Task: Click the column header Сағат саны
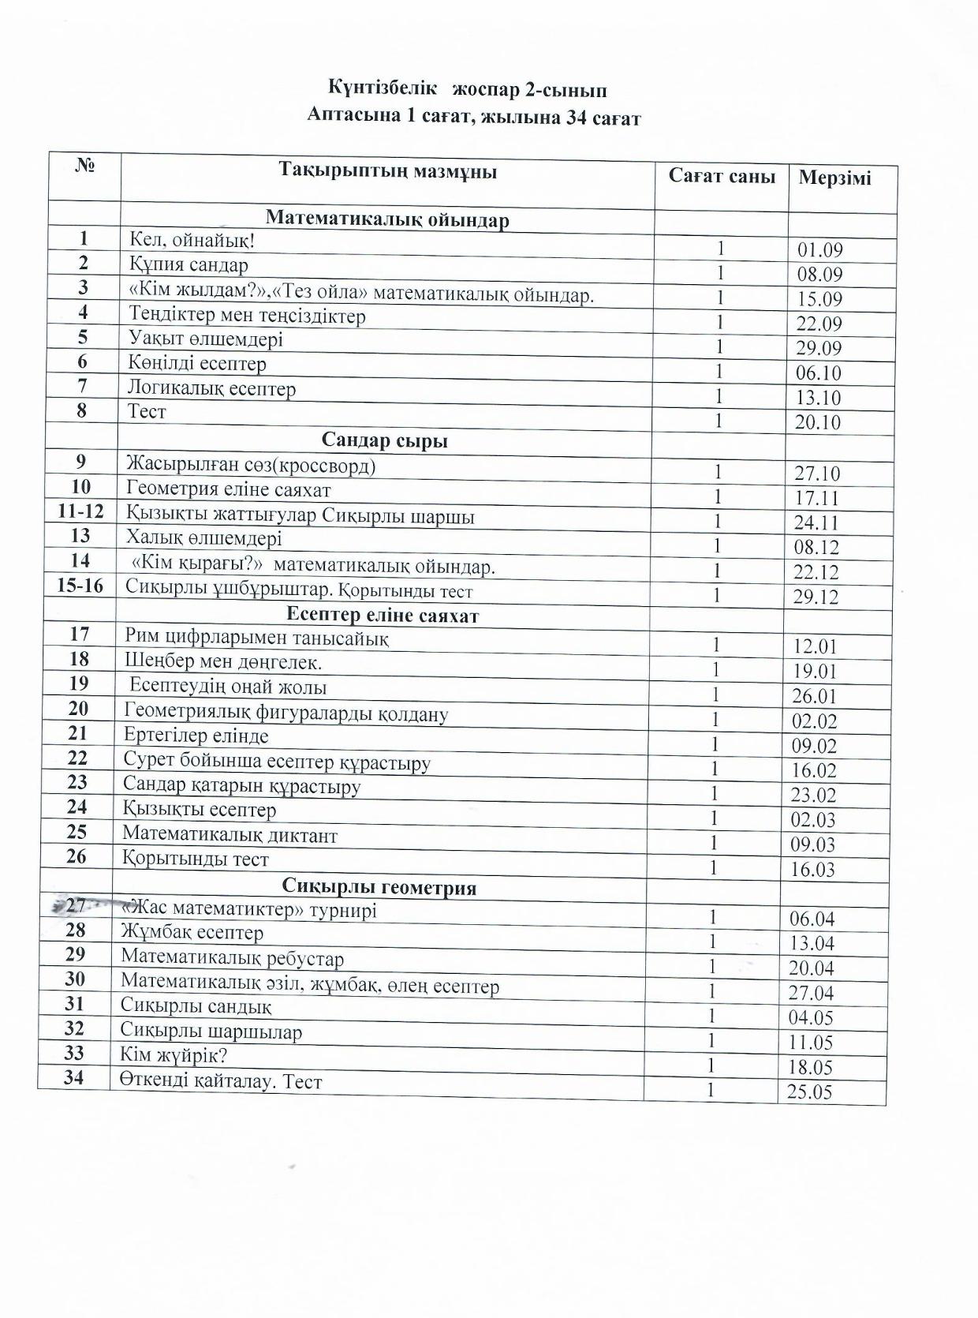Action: tap(721, 176)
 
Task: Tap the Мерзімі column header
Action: tap(834, 178)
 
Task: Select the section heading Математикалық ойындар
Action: tap(387, 219)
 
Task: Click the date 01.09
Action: tap(820, 250)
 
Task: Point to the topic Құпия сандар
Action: tap(189, 264)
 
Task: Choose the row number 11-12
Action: tap(80, 511)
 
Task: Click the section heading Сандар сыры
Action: tap(384, 440)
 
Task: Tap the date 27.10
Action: tap(817, 474)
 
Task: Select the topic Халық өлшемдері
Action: tap(203, 538)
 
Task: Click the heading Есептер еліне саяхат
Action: tap(382, 615)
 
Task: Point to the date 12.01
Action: tap(815, 646)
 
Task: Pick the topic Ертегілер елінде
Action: tap(196, 736)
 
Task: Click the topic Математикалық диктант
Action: tap(230, 835)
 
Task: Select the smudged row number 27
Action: tap(76, 905)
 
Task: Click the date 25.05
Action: tap(809, 1092)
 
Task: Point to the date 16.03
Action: tap(812, 870)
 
